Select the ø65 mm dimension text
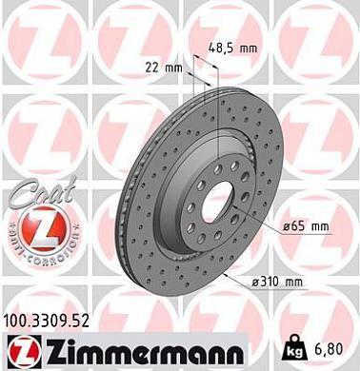click(308, 226)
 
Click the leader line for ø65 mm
click(267, 225)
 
